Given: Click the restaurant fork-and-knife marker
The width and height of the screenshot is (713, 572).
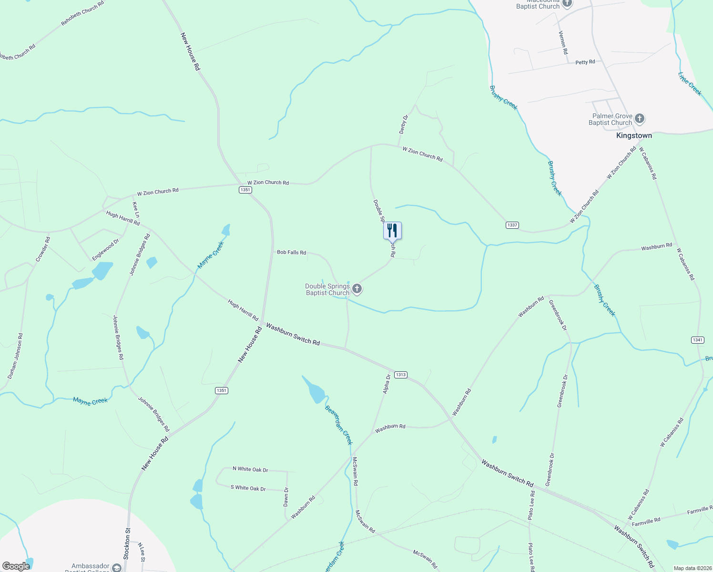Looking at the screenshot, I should coord(392,231).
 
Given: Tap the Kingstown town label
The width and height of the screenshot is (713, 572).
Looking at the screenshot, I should coord(634,136).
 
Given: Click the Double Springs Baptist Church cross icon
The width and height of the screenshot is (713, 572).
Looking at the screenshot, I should coord(356,289).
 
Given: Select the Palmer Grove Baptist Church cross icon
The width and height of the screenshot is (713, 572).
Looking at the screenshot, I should coord(640,118).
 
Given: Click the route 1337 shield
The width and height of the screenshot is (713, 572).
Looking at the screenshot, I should coord(512,225).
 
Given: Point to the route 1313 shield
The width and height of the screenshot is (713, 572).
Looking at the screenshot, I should coord(401,375).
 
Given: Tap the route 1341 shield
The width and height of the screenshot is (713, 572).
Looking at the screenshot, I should coord(697,340).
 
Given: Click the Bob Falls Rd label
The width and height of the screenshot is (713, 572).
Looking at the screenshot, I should coord(291,252).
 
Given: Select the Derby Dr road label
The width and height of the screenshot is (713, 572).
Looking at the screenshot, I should coord(403,124).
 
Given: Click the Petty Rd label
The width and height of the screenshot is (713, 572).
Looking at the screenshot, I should coord(585,62).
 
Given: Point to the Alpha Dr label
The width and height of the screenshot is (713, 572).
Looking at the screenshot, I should coord(387,384).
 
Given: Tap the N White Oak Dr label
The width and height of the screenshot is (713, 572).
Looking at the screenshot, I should coord(250,470).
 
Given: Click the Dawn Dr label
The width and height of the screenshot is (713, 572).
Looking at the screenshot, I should coord(286,497).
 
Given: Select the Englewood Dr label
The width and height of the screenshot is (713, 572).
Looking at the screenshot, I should coord(105,250).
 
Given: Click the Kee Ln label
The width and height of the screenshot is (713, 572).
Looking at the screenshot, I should coord(136,209).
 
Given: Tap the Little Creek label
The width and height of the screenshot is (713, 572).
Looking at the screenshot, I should coord(690,84).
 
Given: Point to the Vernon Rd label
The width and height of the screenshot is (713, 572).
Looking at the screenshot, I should coord(563,42).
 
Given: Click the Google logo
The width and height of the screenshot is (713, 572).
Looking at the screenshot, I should coord(16,566).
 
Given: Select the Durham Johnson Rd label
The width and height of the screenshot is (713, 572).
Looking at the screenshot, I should coord(15,356).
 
